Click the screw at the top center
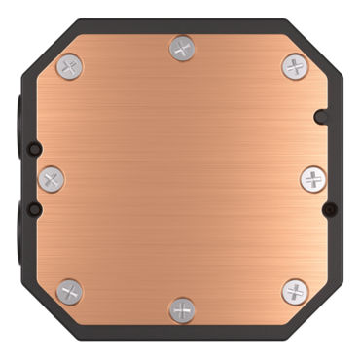[181, 46]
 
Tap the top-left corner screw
[67, 66]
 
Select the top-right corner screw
[294, 66]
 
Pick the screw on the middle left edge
[52, 178]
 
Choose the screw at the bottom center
[181, 309]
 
